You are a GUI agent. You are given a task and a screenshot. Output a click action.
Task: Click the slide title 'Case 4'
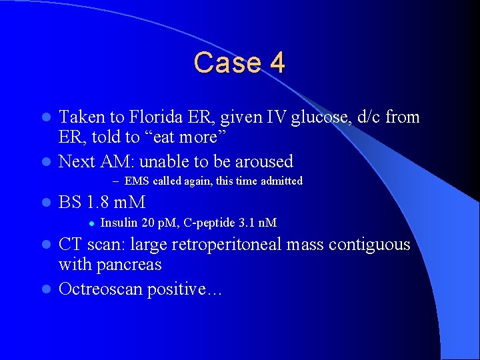(239, 63)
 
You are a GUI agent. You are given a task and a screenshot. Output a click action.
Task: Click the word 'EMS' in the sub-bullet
(137, 181)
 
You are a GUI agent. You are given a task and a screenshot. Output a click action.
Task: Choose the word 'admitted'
(281, 181)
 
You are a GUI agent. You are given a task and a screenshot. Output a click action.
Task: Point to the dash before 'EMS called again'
(115, 181)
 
